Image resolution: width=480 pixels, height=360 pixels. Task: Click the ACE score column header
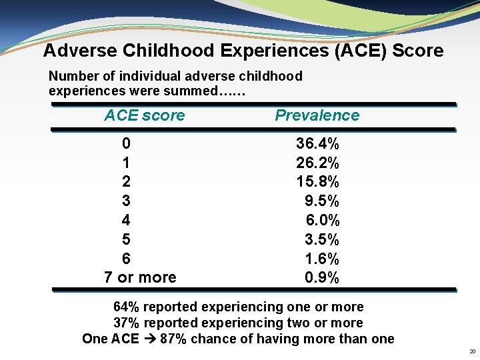tap(144, 115)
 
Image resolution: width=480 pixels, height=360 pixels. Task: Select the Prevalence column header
tap(317, 115)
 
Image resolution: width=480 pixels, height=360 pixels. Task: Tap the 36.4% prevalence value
tap(317, 143)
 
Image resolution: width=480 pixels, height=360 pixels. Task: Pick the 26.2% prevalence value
tap(317, 163)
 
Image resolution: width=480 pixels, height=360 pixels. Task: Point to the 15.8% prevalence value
tap(317, 181)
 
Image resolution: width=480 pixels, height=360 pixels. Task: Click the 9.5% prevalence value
tap(322, 201)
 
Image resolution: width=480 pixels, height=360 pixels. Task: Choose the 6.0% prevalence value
tap(323, 220)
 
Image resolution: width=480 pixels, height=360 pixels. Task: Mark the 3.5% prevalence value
tap(322, 239)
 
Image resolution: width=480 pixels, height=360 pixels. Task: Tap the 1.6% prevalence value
tap(322, 259)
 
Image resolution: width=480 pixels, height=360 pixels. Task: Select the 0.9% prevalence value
tap(322, 277)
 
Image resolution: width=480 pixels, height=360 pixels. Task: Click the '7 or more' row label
tap(140, 277)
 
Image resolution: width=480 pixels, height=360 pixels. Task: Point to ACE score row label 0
tap(126, 143)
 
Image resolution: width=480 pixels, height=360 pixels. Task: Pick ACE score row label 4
tap(126, 220)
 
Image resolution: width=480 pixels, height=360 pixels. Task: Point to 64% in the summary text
tap(127, 307)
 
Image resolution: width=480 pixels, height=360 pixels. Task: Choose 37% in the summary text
tap(127, 323)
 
